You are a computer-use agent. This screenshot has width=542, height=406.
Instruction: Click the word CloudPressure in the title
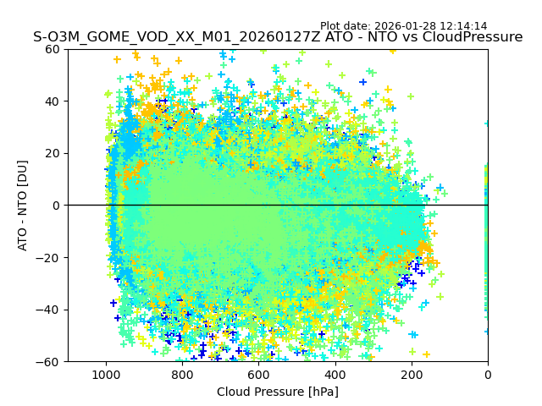coord(470,37)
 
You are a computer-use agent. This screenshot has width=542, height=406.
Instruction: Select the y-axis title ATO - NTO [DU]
coord(23,206)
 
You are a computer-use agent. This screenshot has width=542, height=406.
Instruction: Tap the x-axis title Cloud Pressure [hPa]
coord(278,392)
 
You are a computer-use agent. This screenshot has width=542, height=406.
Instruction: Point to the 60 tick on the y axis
coord(53,49)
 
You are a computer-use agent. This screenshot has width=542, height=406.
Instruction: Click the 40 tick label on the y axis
coord(53,101)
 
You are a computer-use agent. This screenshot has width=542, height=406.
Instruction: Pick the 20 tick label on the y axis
coord(53,153)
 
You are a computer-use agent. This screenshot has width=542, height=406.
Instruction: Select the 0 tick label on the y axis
coord(56,206)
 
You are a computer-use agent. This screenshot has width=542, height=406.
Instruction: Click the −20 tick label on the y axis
coord(49,258)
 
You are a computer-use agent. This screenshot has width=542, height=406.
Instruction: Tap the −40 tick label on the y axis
coord(49,310)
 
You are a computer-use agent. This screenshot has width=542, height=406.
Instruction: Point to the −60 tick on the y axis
coord(49,362)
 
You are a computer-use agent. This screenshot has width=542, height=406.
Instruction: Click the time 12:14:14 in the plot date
coord(462,26)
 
